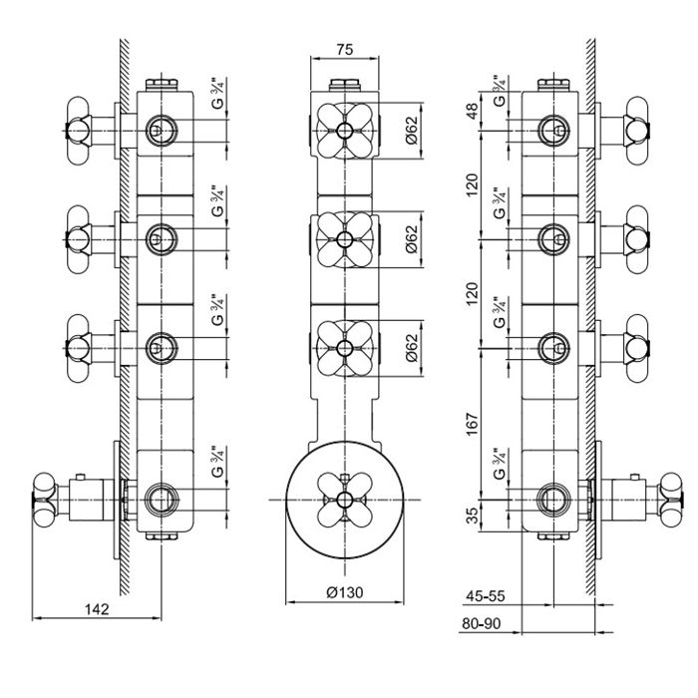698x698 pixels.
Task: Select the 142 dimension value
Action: [96, 608]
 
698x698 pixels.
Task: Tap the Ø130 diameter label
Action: [343, 592]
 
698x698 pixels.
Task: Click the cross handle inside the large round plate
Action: [343, 497]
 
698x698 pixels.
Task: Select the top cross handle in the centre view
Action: [343, 130]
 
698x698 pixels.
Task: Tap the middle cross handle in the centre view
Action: [343, 238]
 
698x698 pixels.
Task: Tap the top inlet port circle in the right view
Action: [554, 129]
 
